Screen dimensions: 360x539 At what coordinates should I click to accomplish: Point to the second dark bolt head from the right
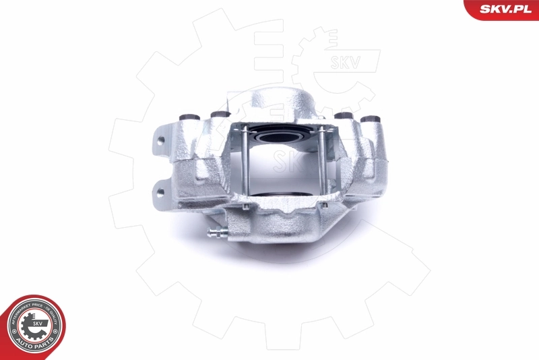coord(344,117)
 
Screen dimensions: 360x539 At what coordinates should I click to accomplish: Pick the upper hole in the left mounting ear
coord(162,142)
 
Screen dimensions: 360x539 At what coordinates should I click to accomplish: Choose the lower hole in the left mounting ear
coord(160,191)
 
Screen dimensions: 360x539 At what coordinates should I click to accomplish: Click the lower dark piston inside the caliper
coord(283,195)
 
